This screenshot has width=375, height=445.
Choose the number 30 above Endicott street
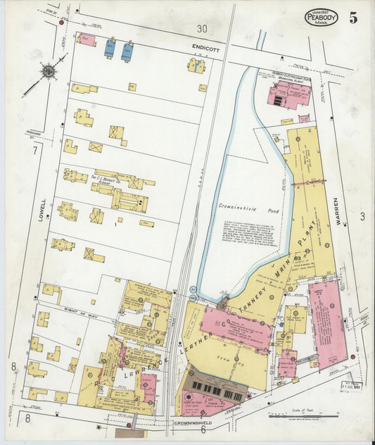click(202, 29)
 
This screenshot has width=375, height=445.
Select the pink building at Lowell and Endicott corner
click(87, 39)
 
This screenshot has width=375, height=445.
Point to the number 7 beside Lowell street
click(34, 151)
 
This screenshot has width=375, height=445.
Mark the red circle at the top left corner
click(62, 23)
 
